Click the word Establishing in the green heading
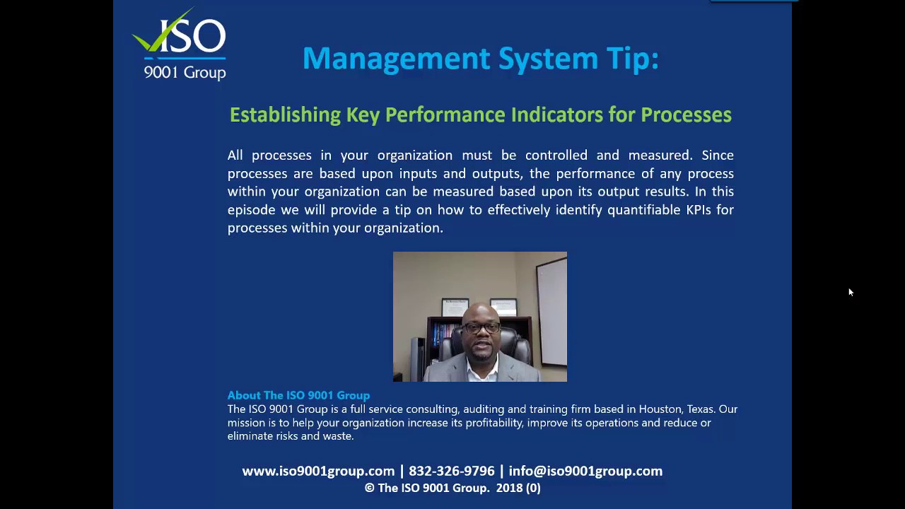pos(285,115)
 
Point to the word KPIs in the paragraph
pos(699,210)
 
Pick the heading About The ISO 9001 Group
pos(298,395)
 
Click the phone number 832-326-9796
pos(452,471)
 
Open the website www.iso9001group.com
pos(318,471)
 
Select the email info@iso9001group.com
pos(585,471)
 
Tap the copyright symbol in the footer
pos(370,488)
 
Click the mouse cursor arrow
pos(851,292)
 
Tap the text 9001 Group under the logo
pos(185,72)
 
